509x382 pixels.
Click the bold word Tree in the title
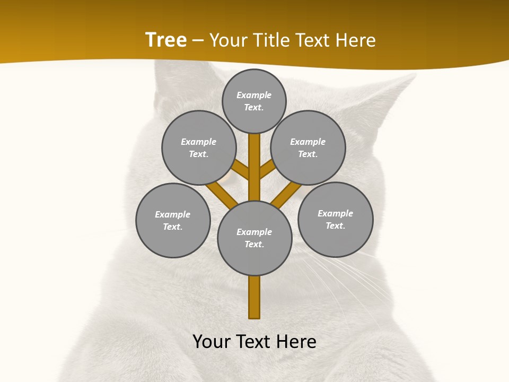click(x=166, y=40)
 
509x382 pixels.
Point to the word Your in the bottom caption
click(x=212, y=342)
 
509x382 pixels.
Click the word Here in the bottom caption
click(x=295, y=342)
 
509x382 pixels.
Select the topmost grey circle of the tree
click(x=254, y=101)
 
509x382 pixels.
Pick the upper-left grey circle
click(x=199, y=147)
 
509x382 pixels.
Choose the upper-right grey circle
click(x=308, y=147)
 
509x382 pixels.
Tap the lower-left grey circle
click(x=173, y=220)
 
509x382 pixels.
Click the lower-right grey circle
click(x=335, y=219)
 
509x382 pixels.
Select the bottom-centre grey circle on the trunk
click(x=254, y=238)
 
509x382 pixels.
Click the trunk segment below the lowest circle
click(x=254, y=297)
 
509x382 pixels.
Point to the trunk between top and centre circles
click(x=254, y=167)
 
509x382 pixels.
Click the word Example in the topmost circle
click(x=254, y=95)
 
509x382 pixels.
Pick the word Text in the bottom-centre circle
click(x=253, y=245)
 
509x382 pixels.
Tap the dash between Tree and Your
click(x=198, y=40)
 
